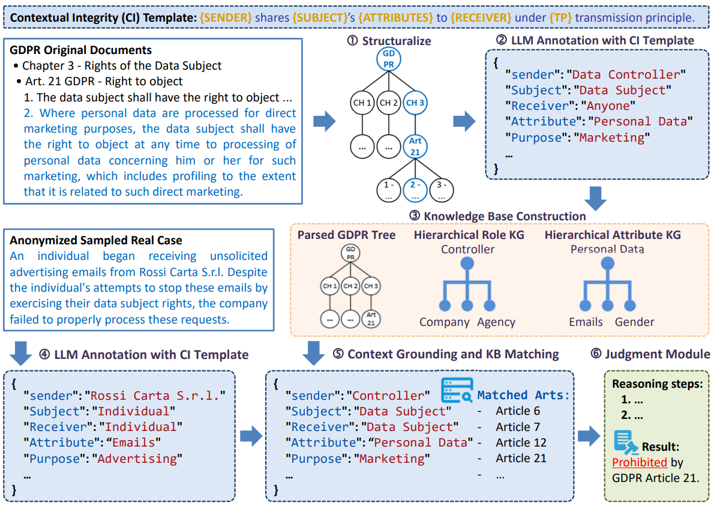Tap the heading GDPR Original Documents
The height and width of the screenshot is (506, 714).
(x=81, y=50)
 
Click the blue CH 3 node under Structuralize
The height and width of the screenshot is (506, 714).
(x=415, y=103)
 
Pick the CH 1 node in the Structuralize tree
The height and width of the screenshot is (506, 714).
(x=362, y=103)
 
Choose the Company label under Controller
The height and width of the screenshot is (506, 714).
(x=444, y=322)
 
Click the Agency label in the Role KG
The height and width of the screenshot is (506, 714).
(x=496, y=322)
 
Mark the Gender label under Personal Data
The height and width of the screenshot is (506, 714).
(x=635, y=322)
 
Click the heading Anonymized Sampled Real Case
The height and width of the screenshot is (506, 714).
(x=96, y=240)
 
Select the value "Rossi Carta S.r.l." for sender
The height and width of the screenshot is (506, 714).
(x=154, y=396)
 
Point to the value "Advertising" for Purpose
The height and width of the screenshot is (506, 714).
(x=137, y=459)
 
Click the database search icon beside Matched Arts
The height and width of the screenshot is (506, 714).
(x=457, y=391)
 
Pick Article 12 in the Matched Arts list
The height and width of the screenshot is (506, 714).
(x=521, y=442)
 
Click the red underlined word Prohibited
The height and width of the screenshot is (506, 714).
(x=640, y=462)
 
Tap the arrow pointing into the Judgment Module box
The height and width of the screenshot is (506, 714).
(x=589, y=436)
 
